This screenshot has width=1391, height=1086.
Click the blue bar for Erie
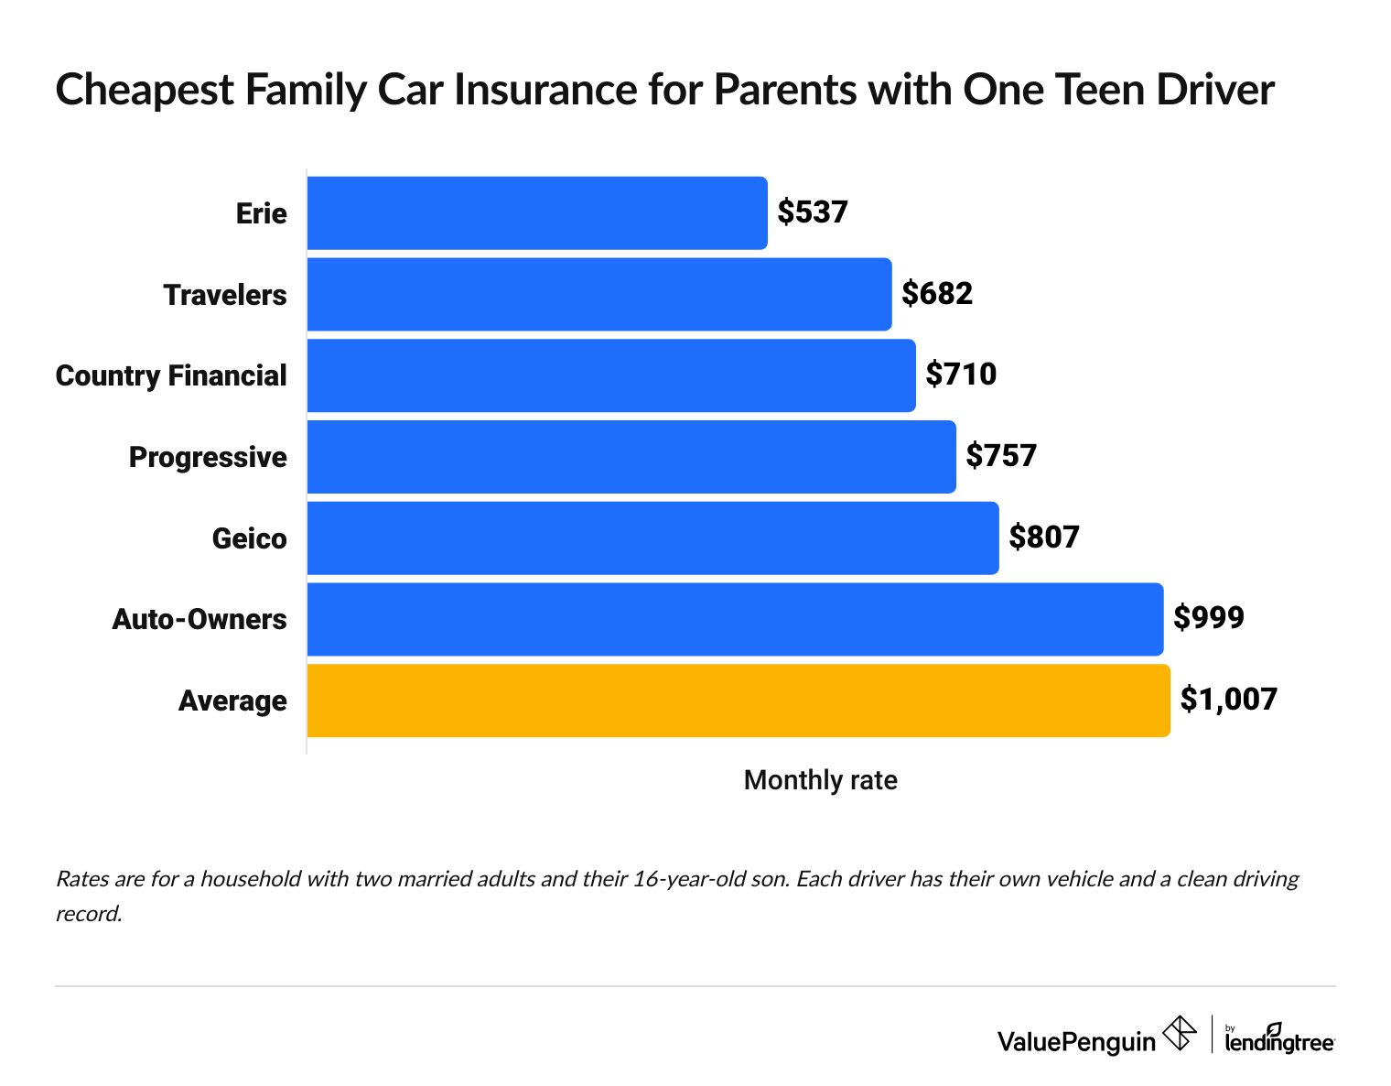(x=537, y=212)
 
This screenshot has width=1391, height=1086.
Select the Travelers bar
(x=599, y=294)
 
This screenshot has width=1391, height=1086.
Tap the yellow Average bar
(x=739, y=700)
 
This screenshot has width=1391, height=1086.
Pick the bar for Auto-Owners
(x=735, y=619)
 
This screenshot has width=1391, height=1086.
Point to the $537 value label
(x=813, y=212)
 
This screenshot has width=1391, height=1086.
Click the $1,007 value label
(x=1228, y=700)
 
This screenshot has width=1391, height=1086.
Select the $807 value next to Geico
(x=1044, y=538)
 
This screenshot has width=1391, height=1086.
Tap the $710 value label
(x=961, y=375)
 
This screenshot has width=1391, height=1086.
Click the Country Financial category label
(x=171, y=375)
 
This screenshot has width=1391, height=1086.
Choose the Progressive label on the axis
(x=208, y=457)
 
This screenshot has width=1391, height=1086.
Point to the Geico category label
(x=249, y=538)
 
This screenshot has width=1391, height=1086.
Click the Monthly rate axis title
(x=820, y=780)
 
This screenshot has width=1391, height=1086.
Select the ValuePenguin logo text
(x=1076, y=1041)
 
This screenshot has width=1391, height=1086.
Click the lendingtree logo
(x=1279, y=1039)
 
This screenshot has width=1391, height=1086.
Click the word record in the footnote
(x=88, y=914)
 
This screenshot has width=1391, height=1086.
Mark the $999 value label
(x=1209, y=618)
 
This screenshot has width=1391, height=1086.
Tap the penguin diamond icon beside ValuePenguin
(x=1179, y=1034)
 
